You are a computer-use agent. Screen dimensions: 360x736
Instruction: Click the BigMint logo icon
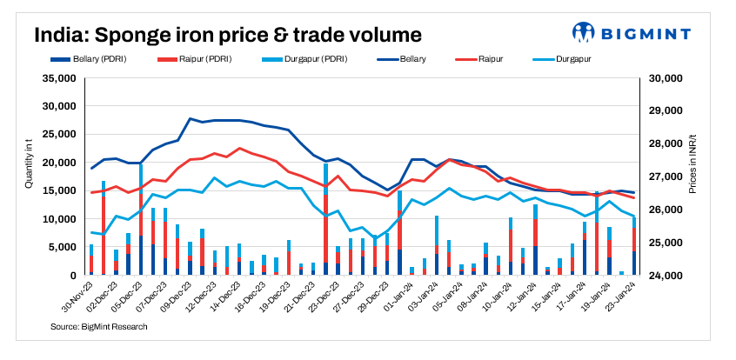tap(582, 34)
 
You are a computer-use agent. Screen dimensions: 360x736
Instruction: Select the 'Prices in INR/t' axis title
tap(693, 177)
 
